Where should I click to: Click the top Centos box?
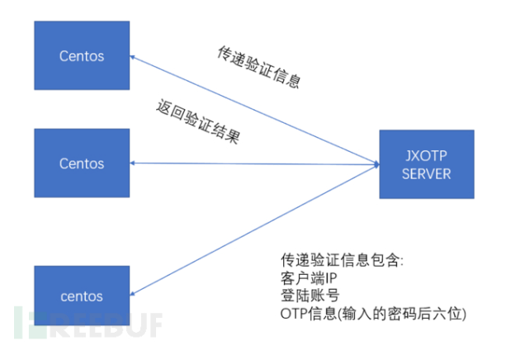pyautogui.click(x=82, y=55)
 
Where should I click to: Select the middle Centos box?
pyautogui.click(x=82, y=163)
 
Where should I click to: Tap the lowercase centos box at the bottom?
pyautogui.click(x=82, y=296)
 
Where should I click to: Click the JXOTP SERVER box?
pyautogui.click(x=427, y=164)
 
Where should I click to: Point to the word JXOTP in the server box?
pyautogui.click(x=426, y=155)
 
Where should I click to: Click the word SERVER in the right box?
pyautogui.click(x=427, y=173)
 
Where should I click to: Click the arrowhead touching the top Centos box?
pyautogui.click(x=134, y=59)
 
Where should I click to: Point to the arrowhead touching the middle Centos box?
pyautogui.click(x=134, y=163)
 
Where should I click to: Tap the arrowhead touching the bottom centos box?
pyautogui.click(x=134, y=292)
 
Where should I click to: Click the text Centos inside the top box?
pyautogui.click(x=82, y=55)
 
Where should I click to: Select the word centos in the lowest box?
pyautogui.click(x=82, y=296)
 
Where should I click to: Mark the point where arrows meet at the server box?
pyautogui.click(x=376, y=164)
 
